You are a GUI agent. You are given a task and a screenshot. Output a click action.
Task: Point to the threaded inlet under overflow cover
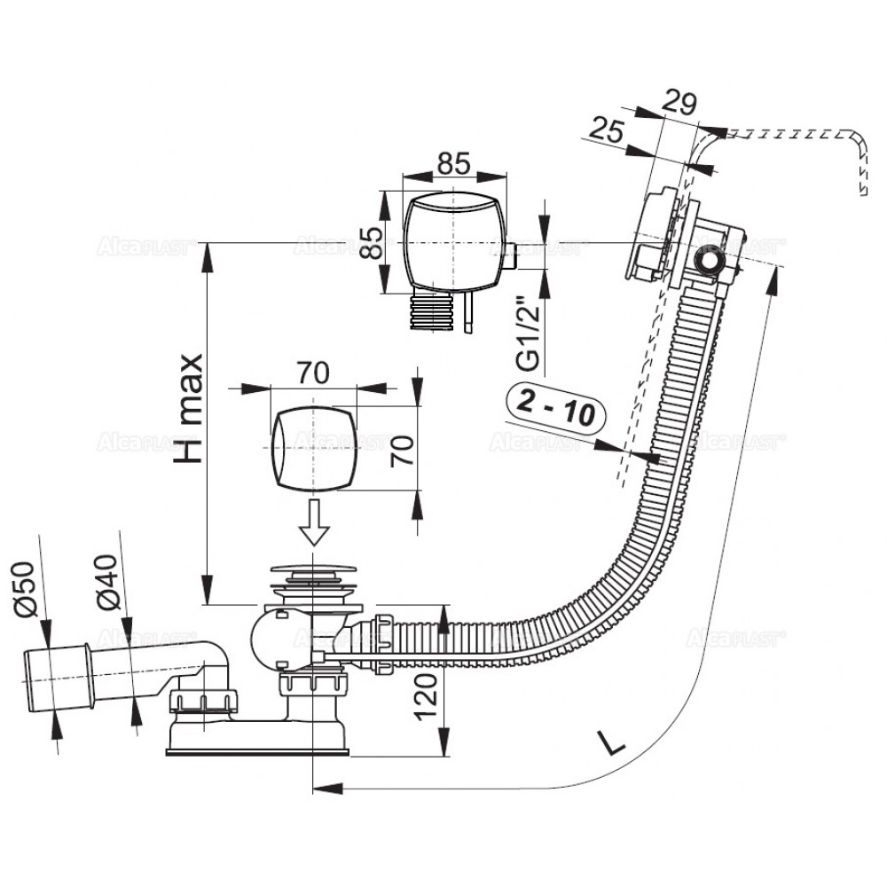[x=432, y=312]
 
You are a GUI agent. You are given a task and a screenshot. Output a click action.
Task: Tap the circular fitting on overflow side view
[x=709, y=261]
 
